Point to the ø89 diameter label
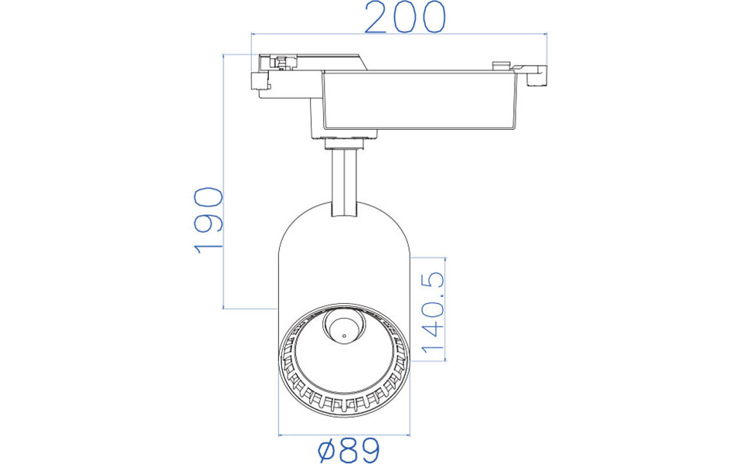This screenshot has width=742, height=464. [x=350, y=450]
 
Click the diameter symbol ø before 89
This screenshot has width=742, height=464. [x=325, y=450]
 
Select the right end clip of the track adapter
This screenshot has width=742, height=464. [x=536, y=76]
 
